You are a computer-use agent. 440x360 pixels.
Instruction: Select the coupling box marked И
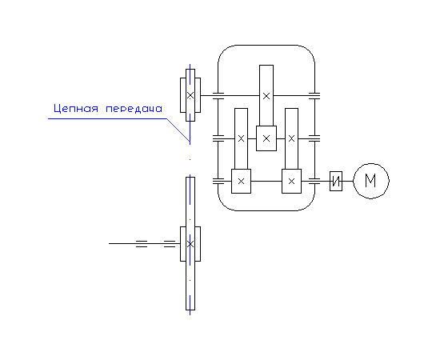tap(336, 182)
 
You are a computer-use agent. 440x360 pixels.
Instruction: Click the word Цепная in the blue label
tap(76, 109)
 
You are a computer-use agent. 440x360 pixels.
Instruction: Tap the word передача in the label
tap(134, 109)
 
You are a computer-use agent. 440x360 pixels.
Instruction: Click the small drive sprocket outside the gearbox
tap(190, 95)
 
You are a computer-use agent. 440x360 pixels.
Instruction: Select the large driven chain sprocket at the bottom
tap(190, 243)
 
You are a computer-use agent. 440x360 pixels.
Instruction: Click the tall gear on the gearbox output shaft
tap(266, 95)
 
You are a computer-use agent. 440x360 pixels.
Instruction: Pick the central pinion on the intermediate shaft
tap(266, 138)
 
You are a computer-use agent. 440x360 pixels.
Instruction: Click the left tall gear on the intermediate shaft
tap(241, 138)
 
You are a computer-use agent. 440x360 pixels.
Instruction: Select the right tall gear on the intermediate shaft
tap(291, 138)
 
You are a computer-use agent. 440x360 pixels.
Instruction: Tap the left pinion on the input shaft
tap(241, 182)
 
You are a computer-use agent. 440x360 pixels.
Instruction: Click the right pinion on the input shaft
tap(291, 182)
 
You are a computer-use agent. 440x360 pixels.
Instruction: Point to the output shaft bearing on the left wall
tap(218, 96)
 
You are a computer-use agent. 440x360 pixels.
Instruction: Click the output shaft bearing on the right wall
tap(314, 96)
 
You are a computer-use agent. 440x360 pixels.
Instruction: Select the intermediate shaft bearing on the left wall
tap(218, 138)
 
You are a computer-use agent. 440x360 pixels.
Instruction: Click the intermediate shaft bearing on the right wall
tap(314, 138)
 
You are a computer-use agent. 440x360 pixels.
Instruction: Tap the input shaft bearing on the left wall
tap(218, 182)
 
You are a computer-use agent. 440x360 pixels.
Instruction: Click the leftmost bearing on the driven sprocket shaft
tap(142, 243)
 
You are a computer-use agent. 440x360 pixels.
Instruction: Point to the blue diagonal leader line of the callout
tap(178, 130)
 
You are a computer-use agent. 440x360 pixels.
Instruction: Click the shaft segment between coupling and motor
tap(348, 182)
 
